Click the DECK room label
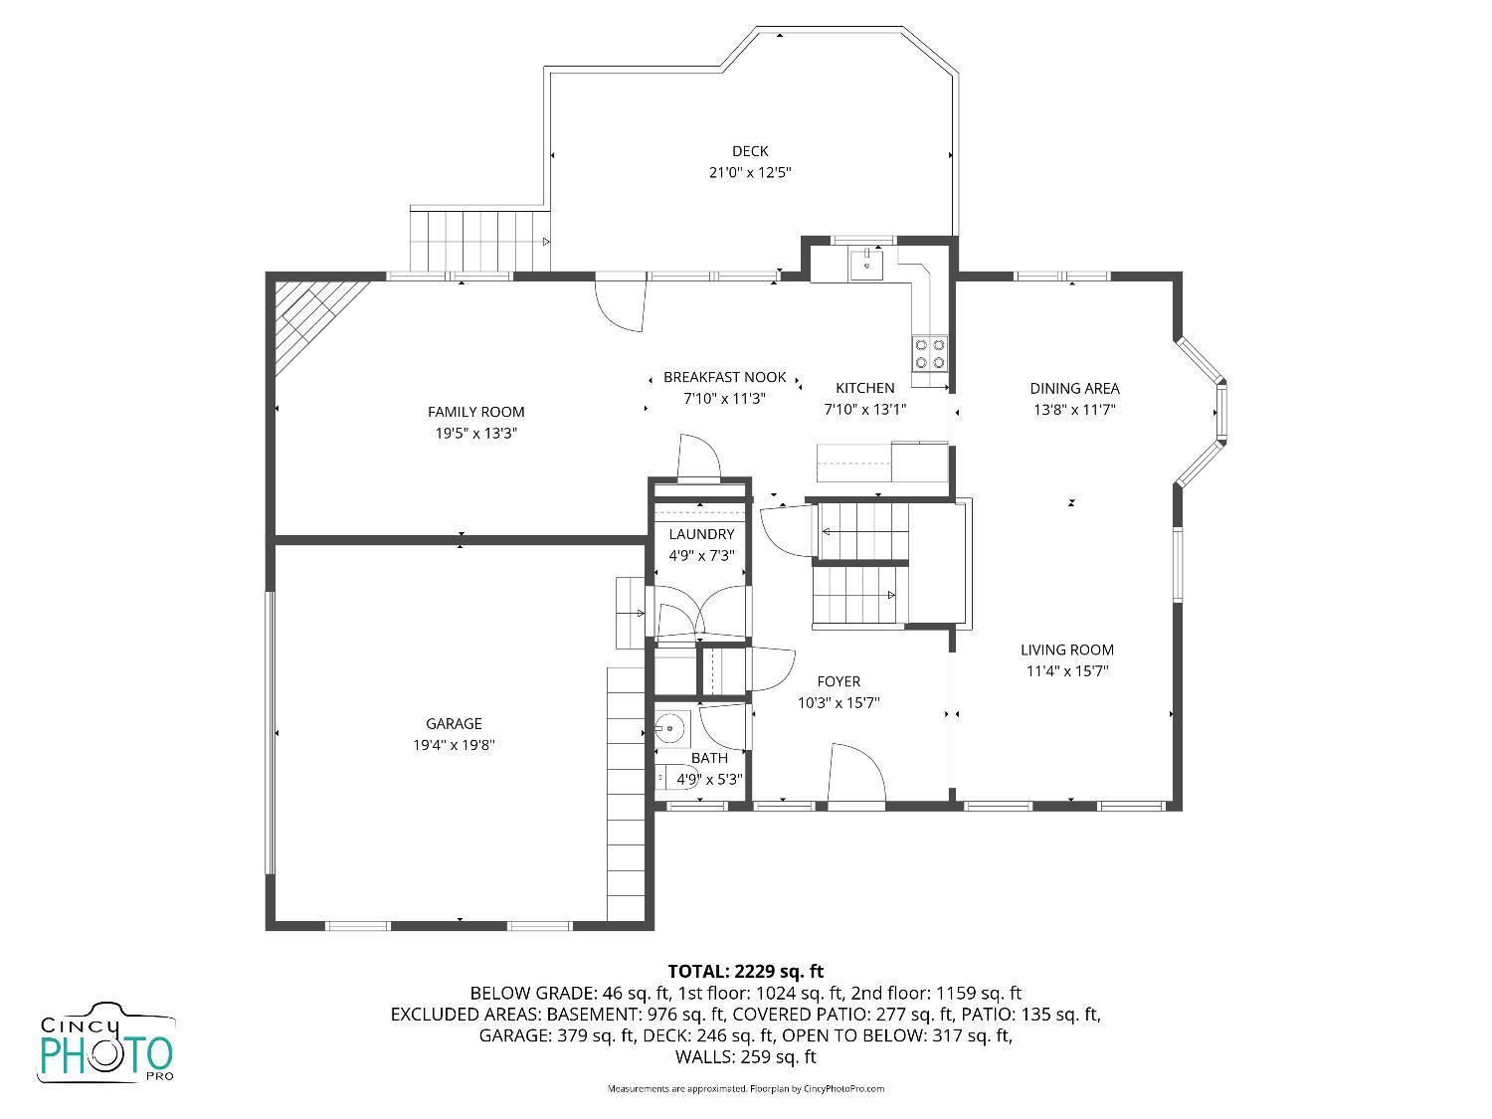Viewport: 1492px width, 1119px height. point(750,151)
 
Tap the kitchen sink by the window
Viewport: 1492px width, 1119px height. point(866,265)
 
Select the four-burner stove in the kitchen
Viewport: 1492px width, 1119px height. point(930,353)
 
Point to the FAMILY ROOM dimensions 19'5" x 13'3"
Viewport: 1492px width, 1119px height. point(476,434)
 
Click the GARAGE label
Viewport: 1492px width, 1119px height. point(454,724)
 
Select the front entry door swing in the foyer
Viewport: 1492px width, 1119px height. point(855,772)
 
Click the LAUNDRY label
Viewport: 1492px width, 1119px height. point(701,534)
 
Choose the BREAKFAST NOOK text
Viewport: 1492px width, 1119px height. point(724,378)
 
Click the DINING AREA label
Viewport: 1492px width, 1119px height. point(1074,389)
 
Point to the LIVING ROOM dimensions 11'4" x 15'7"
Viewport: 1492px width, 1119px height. point(1067,671)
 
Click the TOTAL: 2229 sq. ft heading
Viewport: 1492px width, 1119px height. point(745,971)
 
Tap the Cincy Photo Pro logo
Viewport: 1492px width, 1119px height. point(106,1044)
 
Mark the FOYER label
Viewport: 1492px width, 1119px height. point(839,681)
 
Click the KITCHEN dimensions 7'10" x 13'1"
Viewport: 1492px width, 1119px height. point(864,409)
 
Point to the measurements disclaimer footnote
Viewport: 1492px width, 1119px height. point(745,1089)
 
